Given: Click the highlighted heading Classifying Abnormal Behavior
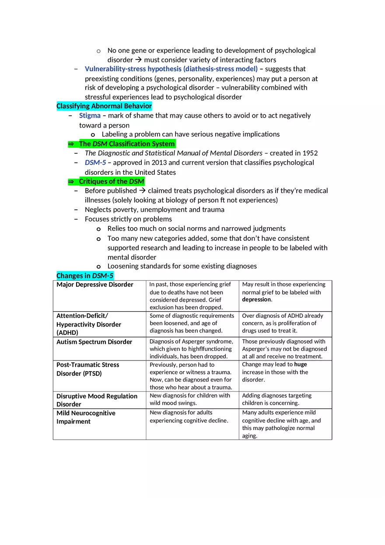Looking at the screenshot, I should tap(104, 106).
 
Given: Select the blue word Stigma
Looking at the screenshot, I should tap(90, 116).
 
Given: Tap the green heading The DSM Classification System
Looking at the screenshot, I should tap(126, 144).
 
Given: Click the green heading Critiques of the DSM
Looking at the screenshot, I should tap(111, 181).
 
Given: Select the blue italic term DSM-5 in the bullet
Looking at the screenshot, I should tap(95, 163).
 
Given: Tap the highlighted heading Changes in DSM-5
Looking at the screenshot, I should tap(85, 276).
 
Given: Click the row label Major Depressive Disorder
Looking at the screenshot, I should tap(94, 285).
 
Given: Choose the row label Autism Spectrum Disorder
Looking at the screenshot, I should tap(94, 342).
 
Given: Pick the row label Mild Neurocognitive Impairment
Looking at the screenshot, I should tap(86, 417).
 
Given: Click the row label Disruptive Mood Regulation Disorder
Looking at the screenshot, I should tap(97, 400).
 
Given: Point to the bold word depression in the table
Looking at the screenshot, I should tap(256, 300).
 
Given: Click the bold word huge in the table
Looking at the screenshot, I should tap(301, 364).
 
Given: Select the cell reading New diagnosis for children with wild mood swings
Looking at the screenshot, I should tap(190, 399).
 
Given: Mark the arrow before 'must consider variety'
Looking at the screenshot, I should tap(138, 60).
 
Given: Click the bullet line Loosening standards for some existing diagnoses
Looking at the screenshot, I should tap(182, 266).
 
